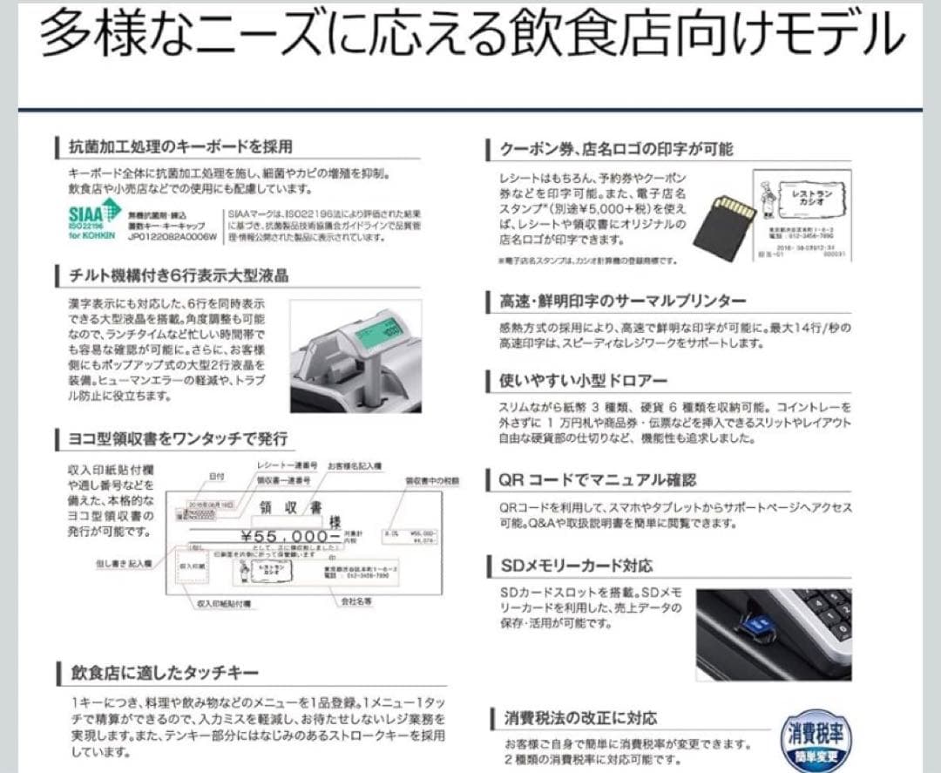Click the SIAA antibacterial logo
coord(94,216)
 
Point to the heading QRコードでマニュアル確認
coord(598,480)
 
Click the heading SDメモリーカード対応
coord(576,566)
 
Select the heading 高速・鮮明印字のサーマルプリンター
coord(622,301)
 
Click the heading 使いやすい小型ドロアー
coord(583,380)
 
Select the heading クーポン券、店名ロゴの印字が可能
coord(616,149)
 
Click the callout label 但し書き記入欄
coord(124,564)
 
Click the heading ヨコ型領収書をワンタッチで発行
coord(178,437)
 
